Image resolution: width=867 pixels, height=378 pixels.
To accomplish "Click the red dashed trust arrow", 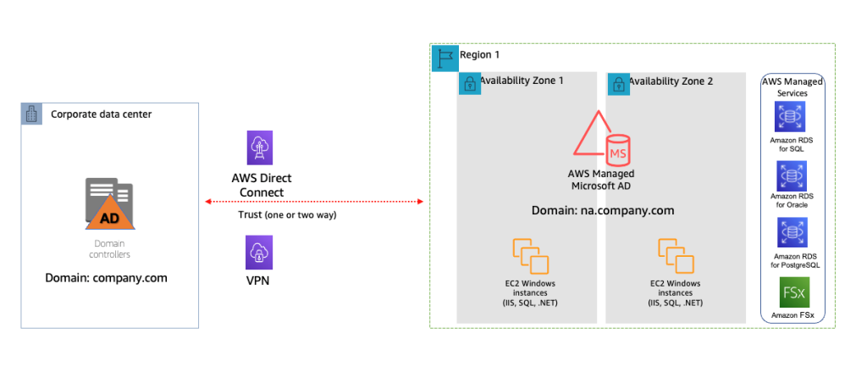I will pos(313,202).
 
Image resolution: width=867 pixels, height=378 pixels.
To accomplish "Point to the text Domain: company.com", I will pos(106,277).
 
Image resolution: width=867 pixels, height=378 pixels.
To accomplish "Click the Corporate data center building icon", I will pos(32,114).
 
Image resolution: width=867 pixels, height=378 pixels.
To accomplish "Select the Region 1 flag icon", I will pos(444,57).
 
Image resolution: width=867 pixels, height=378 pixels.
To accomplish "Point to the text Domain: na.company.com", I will pos(602,210).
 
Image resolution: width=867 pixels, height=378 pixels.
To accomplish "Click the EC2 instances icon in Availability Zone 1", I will pos(530,255).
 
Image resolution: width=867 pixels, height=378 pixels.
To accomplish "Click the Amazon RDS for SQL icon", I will pos(791,117).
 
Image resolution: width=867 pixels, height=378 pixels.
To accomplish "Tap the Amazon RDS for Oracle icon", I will pos(791,176).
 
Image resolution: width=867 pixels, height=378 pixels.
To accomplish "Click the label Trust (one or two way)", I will pos(287,215).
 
